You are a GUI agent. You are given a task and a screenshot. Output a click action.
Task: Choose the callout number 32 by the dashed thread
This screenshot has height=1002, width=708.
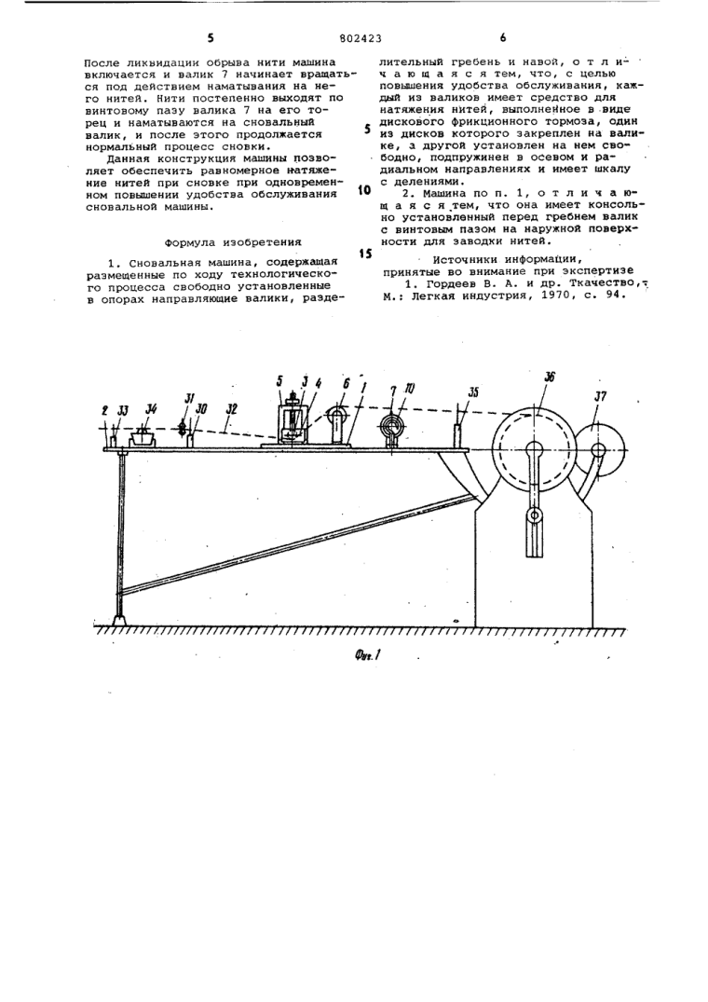(x=229, y=407)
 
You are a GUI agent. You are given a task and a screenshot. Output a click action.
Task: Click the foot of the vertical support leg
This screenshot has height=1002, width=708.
(x=119, y=618)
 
